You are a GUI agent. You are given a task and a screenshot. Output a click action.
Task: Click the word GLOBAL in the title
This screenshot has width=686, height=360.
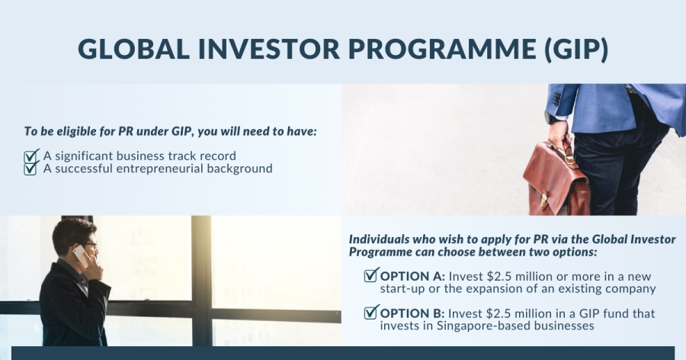click(x=134, y=49)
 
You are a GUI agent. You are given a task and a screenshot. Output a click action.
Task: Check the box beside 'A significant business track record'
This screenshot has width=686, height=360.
click(x=31, y=156)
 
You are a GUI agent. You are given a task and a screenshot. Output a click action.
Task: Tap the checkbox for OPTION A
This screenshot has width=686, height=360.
click(x=371, y=275)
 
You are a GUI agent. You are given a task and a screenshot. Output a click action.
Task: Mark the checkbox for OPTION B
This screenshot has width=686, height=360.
click(x=371, y=312)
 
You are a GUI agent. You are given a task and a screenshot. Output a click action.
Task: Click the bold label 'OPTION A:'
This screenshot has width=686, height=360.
click(x=412, y=277)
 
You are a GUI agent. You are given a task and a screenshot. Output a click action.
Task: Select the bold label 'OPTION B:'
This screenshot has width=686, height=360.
click(x=412, y=313)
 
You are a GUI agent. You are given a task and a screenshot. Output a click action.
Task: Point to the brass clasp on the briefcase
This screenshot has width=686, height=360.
click(x=543, y=201)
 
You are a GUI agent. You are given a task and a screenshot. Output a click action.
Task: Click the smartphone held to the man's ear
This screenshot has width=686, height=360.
click(x=81, y=255)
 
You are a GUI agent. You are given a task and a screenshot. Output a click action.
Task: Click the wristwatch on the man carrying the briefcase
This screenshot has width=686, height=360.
click(x=550, y=117)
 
